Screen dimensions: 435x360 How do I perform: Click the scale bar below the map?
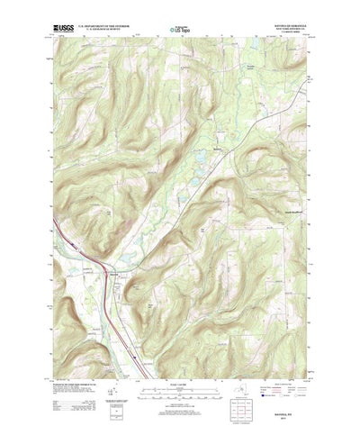click(180, 371)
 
